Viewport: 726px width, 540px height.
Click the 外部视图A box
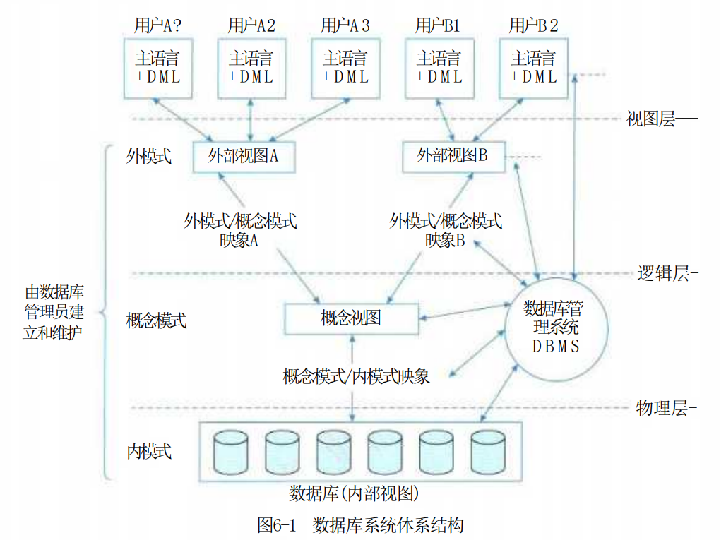[244, 157]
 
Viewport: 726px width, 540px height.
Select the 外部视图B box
[453, 157]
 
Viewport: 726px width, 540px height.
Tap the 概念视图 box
[352, 318]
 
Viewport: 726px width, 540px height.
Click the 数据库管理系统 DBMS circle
[556, 329]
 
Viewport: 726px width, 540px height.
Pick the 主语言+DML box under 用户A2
[251, 68]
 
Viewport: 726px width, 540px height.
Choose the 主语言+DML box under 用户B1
[439, 68]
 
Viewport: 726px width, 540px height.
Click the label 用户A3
[345, 25]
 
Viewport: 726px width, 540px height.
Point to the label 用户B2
[533, 25]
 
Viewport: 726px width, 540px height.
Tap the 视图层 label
[650, 119]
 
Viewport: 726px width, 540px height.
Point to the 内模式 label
[149, 451]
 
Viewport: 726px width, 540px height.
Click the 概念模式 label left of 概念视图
[156, 320]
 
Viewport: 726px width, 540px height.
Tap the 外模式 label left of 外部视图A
[148, 157]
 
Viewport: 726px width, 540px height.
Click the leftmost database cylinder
[230, 452]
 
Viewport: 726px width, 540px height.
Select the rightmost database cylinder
[488, 452]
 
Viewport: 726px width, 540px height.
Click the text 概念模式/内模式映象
[356, 376]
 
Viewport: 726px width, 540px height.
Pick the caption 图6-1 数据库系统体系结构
[360, 525]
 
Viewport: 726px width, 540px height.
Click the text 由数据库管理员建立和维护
[54, 312]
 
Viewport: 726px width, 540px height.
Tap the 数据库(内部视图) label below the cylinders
[355, 493]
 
